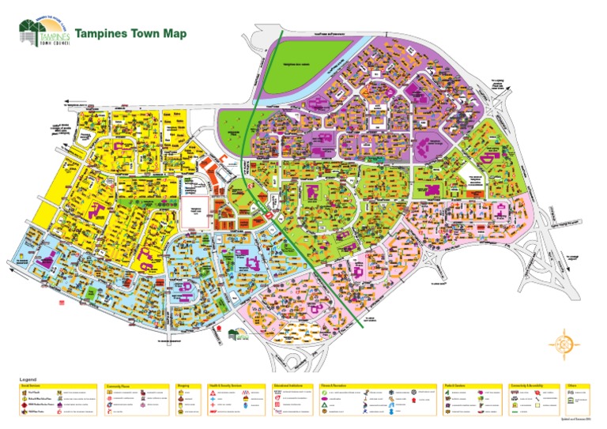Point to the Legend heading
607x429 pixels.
coord(28,380)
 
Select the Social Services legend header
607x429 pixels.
coord(30,386)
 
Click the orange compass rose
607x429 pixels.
coord(564,343)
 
